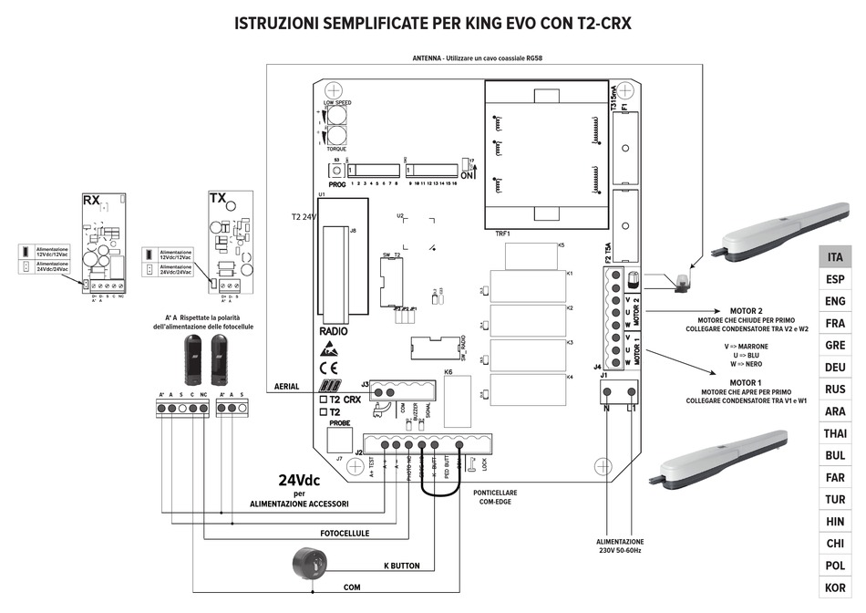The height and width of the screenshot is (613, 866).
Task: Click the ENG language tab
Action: point(834,301)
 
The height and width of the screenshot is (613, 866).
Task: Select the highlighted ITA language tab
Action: point(834,257)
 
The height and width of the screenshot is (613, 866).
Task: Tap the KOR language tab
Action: point(834,587)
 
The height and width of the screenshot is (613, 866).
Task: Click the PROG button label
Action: point(338,182)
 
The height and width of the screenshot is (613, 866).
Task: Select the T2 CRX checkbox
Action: point(324,400)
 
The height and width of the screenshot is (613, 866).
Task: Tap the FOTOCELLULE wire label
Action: point(345,533)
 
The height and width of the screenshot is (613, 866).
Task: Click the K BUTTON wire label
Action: point(401,566)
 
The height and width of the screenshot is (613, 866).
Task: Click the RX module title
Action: point(91,200)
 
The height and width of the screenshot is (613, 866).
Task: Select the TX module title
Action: point(218,198)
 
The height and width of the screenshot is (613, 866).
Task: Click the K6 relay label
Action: point(448,372)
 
